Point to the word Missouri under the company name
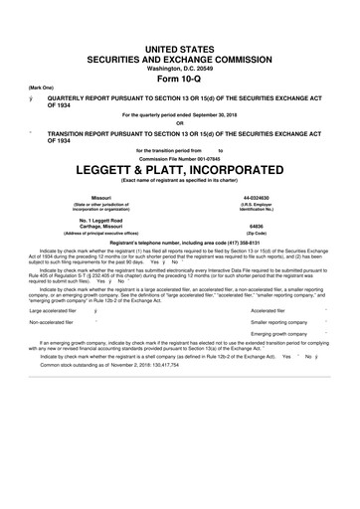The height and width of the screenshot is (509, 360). pyautogui.click(x=100, y=199)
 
